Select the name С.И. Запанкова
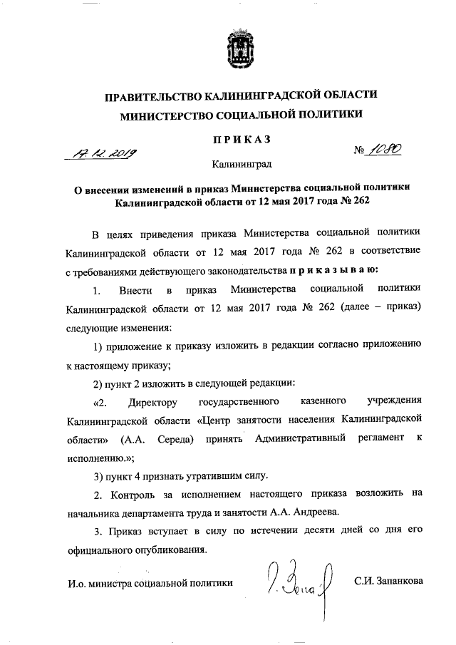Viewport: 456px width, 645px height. pos(388,582)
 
